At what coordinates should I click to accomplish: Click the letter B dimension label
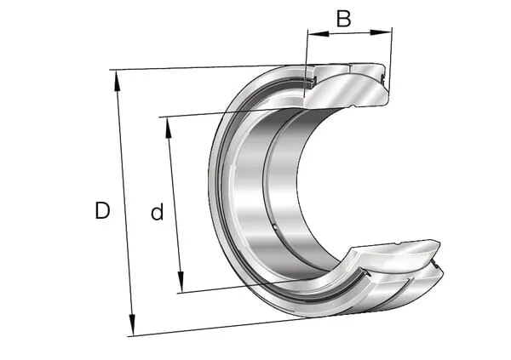coord(344,19)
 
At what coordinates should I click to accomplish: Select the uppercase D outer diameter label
coord(102,210)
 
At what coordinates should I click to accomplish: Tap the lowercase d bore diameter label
coord(157,212)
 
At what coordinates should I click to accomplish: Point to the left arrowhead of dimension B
coord(319,33)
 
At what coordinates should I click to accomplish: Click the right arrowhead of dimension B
coord(381,32)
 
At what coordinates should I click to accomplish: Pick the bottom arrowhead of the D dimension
coord(132,324)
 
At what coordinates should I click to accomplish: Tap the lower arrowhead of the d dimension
coord(181,282)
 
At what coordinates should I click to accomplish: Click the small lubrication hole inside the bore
coord(274,226)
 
